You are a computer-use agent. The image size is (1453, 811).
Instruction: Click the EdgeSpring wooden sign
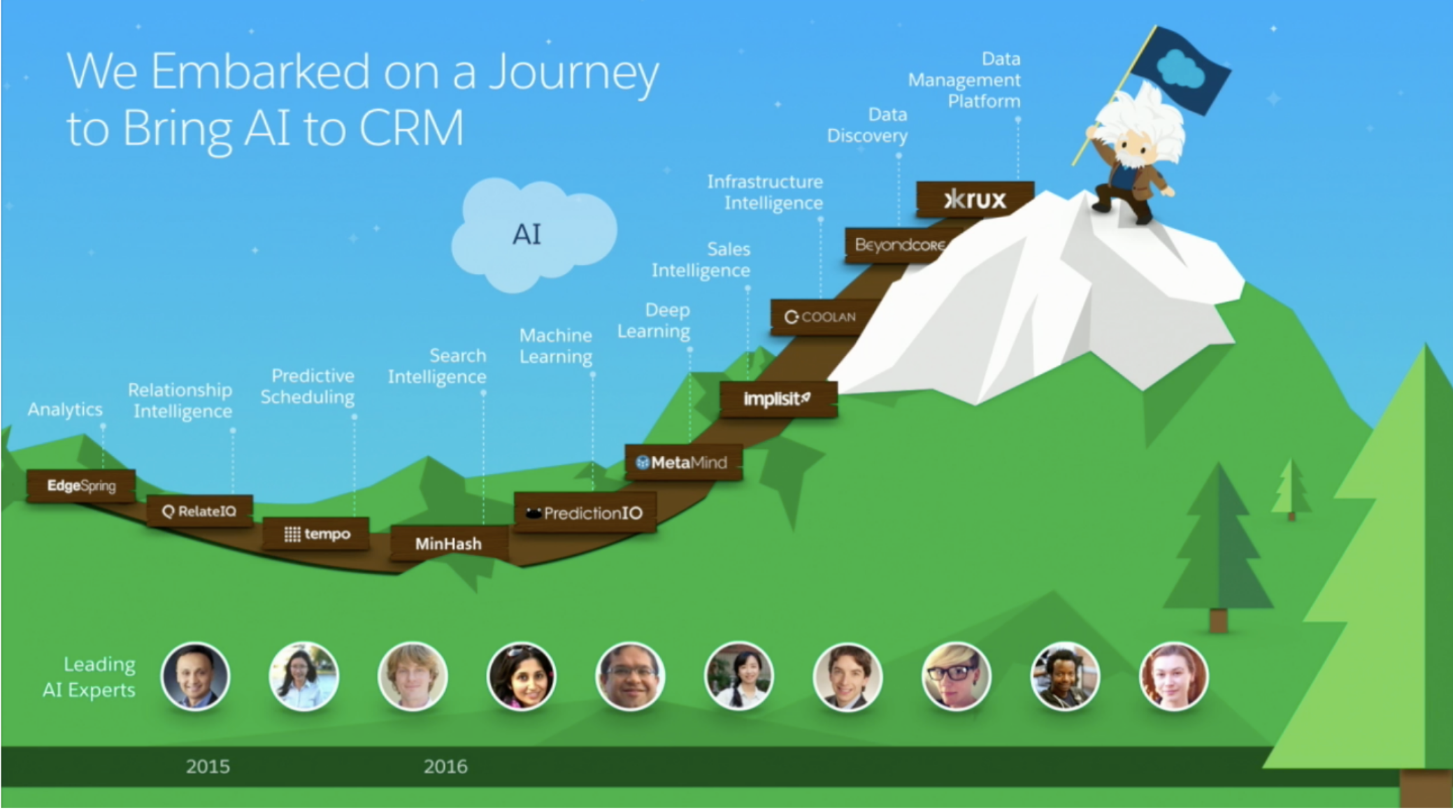coord(81,485)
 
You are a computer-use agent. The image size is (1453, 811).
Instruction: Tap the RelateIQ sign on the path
coord(199,511)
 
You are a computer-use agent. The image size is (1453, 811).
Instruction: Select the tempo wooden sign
coord(316,534)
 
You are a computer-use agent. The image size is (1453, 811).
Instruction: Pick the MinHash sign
coord(448,543)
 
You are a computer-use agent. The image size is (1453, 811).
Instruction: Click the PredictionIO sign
coord(585,513)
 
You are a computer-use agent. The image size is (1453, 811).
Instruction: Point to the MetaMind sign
coord(683,462)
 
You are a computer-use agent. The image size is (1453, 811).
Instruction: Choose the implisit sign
coord(778,399)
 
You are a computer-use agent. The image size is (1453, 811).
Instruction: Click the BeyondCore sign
coord(899,245)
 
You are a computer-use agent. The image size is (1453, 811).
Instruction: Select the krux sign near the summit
coord(975,199)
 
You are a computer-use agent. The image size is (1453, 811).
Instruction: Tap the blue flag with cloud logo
coord(1180,69)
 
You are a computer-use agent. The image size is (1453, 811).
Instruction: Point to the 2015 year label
coord(208,766)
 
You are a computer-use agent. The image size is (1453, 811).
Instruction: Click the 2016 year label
coord(445,766)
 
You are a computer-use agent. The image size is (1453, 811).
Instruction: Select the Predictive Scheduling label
coord(308,387)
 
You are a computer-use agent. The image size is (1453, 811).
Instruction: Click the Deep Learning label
coord(654,320)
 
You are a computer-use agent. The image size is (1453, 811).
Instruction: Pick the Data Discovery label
coord(867,125)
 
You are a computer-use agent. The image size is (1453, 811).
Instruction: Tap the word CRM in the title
coord(411,128)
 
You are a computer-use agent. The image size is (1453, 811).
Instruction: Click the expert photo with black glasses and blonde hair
coord(956,676)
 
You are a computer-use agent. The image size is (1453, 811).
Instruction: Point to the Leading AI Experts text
coord(89,677)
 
